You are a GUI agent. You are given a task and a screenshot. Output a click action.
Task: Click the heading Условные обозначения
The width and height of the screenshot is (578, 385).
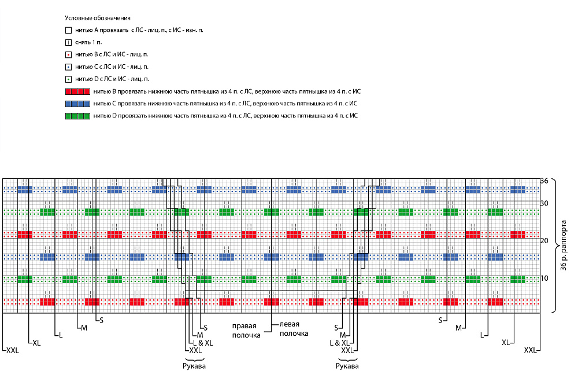click(97, 18)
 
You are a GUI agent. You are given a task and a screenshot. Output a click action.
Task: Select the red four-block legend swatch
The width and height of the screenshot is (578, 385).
click(77, 91)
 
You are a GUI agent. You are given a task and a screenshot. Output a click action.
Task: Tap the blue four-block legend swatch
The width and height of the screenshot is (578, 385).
click(77, 104)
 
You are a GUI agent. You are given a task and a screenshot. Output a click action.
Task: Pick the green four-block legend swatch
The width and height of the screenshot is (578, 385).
click(77, 116)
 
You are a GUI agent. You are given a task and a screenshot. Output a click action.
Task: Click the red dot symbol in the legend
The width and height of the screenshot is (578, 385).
click(68, 54)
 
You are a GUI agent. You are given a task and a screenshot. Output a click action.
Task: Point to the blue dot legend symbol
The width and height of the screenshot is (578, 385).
click(68, 67)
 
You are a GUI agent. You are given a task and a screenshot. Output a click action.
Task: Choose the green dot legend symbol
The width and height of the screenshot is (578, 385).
click(68, 79)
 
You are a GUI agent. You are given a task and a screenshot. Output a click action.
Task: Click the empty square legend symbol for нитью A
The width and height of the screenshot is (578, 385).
click(68, 30)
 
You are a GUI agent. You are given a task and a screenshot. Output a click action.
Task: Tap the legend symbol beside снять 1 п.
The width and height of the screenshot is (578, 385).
click(68, 42)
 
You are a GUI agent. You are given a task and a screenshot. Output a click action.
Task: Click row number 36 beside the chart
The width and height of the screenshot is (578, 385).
click(544, 181)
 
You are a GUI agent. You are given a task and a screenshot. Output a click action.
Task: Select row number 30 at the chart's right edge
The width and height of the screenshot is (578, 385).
click(544, 203)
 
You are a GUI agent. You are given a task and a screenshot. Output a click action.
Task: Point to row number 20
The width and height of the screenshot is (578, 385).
click(544, 241)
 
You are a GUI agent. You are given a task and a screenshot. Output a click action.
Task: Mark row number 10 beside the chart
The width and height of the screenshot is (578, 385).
click(544, 278)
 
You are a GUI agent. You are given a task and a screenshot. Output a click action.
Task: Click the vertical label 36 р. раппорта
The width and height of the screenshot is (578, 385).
click(564, 245)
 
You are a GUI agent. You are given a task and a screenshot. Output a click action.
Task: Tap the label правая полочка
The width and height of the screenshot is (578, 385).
click(246, 331)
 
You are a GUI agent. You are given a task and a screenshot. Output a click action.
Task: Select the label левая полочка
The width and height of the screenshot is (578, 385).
click(294, 329)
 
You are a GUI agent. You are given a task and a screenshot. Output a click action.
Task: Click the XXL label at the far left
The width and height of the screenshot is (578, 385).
click(13, 350)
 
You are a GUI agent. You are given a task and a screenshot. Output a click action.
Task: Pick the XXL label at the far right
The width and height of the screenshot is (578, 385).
click(531, 350)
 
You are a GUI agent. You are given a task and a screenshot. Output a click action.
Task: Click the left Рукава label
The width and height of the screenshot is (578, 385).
click(194, 366)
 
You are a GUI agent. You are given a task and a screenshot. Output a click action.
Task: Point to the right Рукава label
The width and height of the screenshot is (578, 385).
click(347, 366)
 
